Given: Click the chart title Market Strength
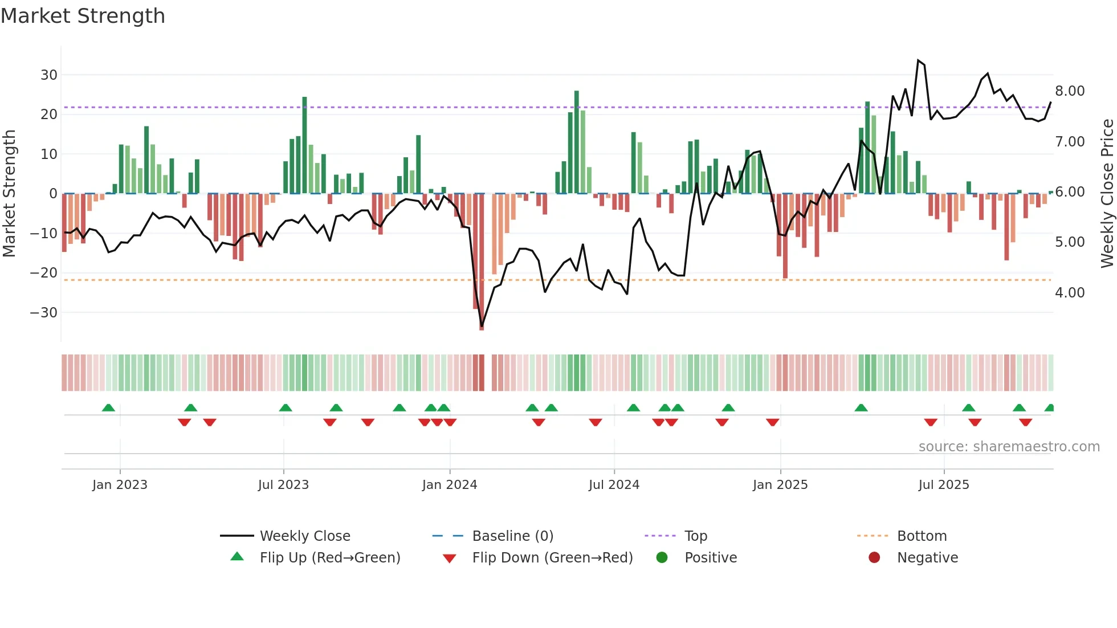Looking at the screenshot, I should [83, 16].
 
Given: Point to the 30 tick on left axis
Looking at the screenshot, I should [48, 75].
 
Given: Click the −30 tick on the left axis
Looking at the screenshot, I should [44, 313].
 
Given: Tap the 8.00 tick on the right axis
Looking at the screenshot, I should [1070, 91].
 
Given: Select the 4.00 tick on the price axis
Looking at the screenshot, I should [1070, 293].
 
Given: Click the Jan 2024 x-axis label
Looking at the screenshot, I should [449, 485].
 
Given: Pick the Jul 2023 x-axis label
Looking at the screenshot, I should [283, 485].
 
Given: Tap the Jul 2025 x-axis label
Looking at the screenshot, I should [943, 485].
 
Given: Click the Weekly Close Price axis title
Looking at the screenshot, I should [1107, 193].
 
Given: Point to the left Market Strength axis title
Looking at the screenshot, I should [10, 193].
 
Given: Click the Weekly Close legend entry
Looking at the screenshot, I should [304, 536].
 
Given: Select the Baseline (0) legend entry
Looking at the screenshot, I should [512, 536].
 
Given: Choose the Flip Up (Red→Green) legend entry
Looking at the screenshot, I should [329, 558].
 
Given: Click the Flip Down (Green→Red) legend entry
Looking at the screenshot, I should [552, 558].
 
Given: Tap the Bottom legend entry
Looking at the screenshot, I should [921, 536].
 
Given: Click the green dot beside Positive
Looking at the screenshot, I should [662, 558].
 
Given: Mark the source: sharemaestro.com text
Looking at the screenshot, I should [1009, 447].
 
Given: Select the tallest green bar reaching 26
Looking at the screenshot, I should [577, 142].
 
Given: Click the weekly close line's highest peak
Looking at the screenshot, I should [918, 60].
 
